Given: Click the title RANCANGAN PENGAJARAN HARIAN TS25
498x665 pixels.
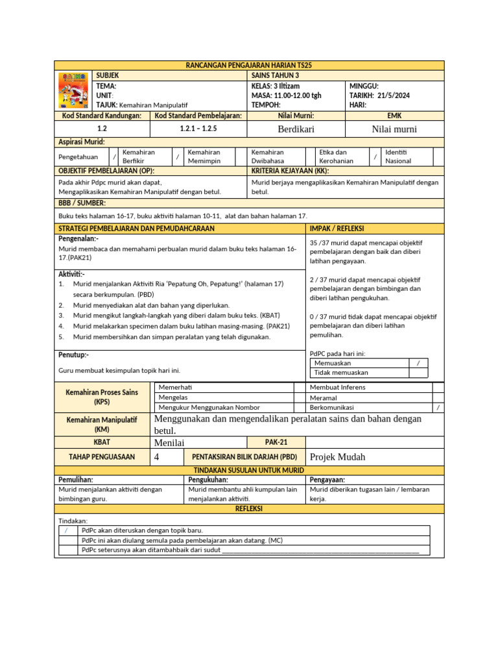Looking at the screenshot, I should (x=249, y=66).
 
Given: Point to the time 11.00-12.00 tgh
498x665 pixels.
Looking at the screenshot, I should (x=296, y=95).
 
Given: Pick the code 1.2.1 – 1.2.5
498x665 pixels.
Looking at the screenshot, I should (x=198, y=129).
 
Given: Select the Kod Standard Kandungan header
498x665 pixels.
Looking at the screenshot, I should (x=101, y=115).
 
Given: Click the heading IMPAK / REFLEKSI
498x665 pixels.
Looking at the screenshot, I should (x=337, y=229).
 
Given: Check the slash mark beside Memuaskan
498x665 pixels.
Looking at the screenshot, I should (x=418, y=364).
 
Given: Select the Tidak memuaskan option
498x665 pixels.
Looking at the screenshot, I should (x=341, y=373).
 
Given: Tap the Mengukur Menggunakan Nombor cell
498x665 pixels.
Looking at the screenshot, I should (x=209, y=407).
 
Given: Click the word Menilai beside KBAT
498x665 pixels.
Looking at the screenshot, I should (x=170, y=442).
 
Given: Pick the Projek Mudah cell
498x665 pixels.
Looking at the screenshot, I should (x=338, y=457).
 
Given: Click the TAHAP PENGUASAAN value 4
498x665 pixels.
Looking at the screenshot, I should (x=157, y=457).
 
